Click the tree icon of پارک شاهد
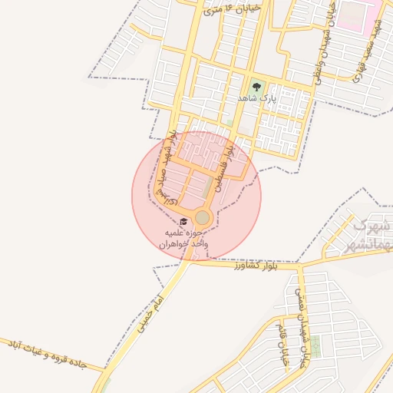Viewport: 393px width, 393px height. pyautogui.click(x=256, y=87)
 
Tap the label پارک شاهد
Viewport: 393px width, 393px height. pyautogui.click(x=256, y=99)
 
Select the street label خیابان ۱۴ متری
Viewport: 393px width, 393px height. pyautogui.click(x=235, y=8)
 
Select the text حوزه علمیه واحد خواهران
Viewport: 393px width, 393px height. pyautogui.click(x=184, y=237)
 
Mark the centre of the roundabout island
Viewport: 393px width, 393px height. pyautogui.click(x=202, y=218)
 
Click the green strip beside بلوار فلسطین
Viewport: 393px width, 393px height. pyautogui.click(x=210, y=186)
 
